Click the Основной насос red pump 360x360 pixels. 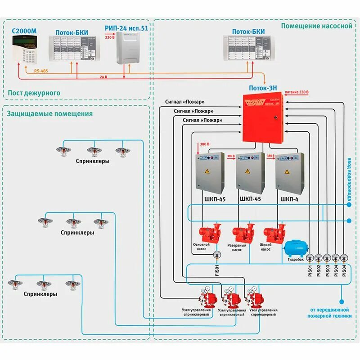click(x=209, y=234)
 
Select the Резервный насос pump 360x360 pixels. click(x=243, y=234)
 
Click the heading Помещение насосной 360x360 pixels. click(x=316, y=26)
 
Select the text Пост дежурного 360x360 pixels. click(x=34, y=92)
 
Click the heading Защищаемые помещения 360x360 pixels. click(x=49, y=113)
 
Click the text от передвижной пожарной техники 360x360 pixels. click(x=331, y=313)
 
